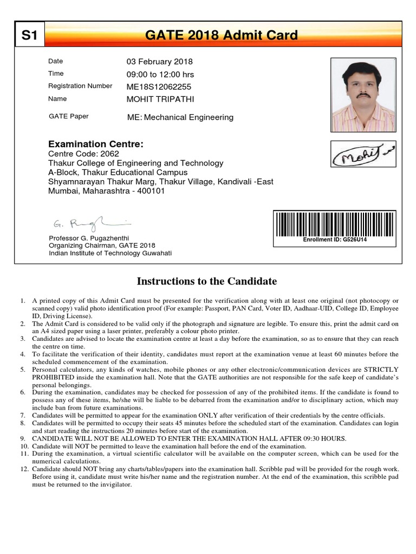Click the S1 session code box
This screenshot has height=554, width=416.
[x=29, y=36]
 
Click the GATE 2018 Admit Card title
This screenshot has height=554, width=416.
[x=222, y=36]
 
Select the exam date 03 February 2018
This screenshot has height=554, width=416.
[x=159, y=62]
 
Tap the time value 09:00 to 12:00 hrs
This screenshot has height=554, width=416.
[x=160, y=74]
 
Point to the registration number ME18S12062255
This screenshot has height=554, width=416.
[x=159, y=87]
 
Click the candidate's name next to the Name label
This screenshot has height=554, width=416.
[x=160, y=99]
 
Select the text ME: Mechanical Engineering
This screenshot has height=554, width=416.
[x=180, y=117]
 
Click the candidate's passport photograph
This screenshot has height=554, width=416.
[x=363, y=95]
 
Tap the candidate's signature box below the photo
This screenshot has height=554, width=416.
[x=363, y=154]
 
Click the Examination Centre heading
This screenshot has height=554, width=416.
[x=96, y=144]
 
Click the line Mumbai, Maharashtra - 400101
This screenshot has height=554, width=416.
[x=107, y=190]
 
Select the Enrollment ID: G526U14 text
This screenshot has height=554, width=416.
[x=335, y=239]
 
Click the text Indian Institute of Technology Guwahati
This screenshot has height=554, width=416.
[x=110, y=253]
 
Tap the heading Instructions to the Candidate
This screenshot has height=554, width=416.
[x=207, y=281]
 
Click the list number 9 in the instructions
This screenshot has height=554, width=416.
[x=23, y=438]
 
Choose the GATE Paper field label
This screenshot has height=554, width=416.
[x=69, y=116]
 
